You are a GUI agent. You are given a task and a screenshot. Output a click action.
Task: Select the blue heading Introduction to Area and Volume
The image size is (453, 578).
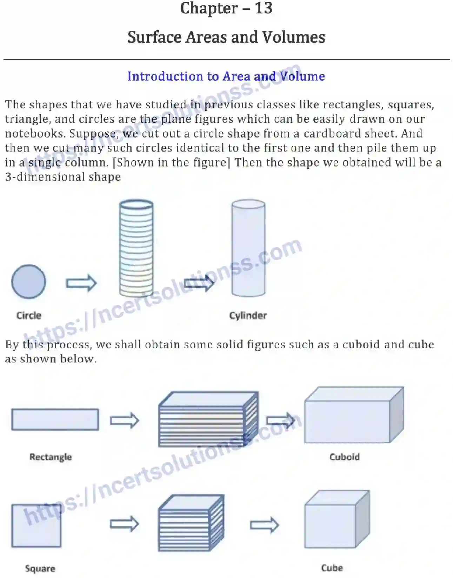pyautogui.click(x=226, y=76)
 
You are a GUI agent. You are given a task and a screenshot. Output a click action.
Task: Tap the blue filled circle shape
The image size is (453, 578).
pyautogui.click(x=28, y=282)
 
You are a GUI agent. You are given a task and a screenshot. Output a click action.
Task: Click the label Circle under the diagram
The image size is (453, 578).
pyautogui.click(x=29, y=315)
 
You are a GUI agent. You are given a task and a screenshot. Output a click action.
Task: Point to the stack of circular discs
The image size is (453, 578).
pyautogui.click(x=136, y=249)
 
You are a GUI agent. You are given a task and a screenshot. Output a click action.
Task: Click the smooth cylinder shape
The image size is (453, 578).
pyautogui.click(x=248, y=249)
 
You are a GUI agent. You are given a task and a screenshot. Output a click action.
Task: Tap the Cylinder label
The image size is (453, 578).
pyautogui.click(x=248, y=315)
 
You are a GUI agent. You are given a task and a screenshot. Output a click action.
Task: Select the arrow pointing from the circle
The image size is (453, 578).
pyautogui.click(x=81, y=283)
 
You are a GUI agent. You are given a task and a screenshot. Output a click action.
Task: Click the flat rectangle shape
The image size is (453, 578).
pyautogui.click(x=55, y=419)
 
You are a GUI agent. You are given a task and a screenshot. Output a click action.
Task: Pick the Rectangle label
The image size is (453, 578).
pyautogui.click(x=51, y=457)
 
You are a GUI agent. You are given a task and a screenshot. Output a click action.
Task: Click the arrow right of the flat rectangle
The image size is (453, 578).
pyautogui.click(x=125, y=420)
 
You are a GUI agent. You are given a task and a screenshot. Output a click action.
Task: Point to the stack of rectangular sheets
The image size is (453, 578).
pyautogui.click(x=208, y=419)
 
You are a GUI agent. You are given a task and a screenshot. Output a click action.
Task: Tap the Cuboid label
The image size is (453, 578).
pyautogui.click(x=344, y=457)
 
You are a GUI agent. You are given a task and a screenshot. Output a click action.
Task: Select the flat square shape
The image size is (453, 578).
pyautogui.click(x=36, y=525)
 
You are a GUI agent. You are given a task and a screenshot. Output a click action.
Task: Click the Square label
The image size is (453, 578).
pyautogui.click(x=40, y=568)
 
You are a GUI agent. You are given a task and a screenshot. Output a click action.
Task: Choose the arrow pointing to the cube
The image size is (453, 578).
pyautogui.click(x=264, y=525)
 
